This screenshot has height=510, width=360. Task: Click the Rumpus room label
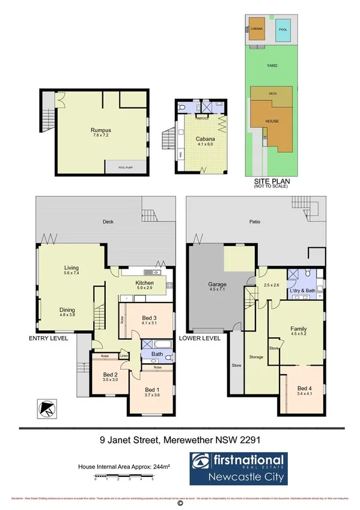(101, 132)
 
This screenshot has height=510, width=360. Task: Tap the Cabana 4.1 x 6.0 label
(205, 141)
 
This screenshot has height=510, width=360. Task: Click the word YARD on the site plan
(272, 66)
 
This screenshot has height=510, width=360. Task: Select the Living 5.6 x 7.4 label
(72, 271)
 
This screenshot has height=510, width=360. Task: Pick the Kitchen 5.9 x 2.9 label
(144, 286)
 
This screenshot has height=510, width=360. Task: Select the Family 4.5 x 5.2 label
(297, 332)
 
